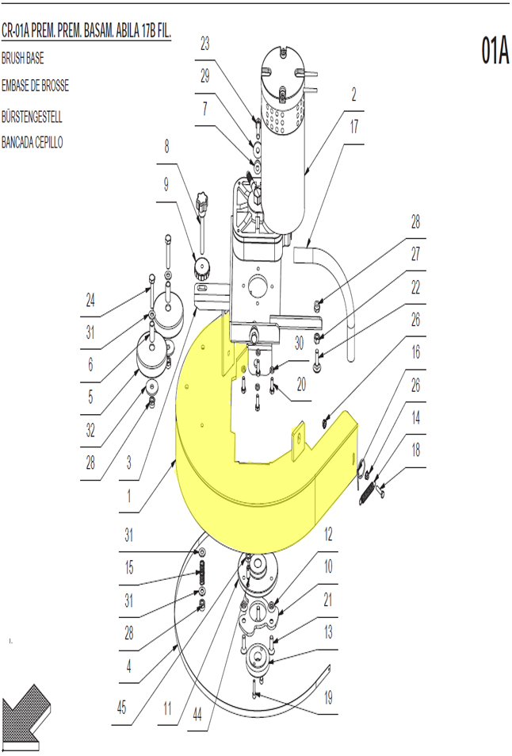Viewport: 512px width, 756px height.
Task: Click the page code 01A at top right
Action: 495,50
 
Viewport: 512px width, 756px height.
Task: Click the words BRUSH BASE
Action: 23,59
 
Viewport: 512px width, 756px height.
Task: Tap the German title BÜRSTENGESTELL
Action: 32,117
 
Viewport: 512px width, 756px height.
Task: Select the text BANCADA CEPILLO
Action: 32,142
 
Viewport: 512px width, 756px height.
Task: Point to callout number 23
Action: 205,44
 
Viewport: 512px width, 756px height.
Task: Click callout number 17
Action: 354,126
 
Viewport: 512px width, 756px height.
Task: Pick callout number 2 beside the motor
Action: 353,94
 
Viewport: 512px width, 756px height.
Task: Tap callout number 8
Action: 166,146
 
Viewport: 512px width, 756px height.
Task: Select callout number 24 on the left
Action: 90,301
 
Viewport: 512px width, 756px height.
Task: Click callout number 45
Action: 121,708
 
